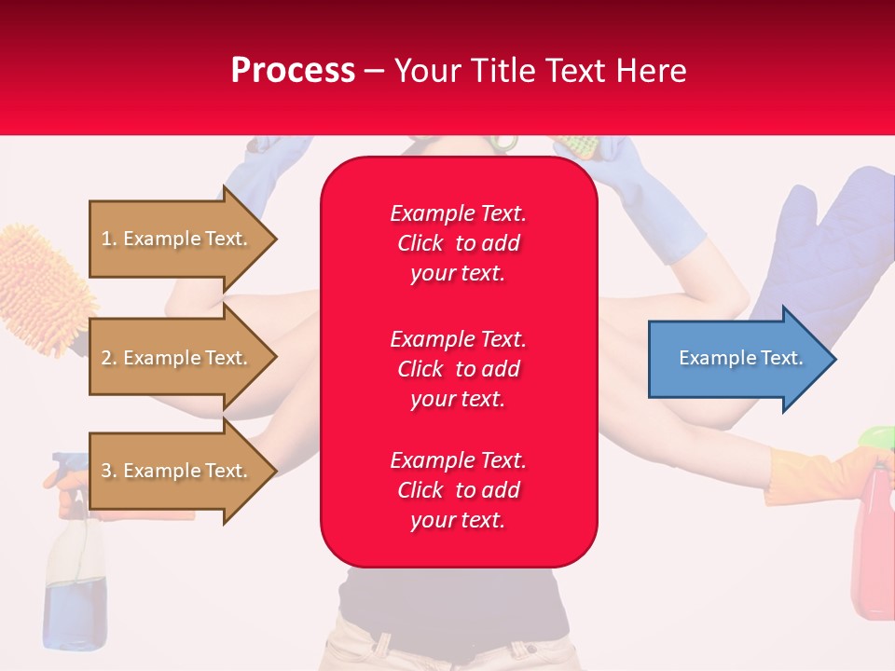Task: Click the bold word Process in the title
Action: coord(293,70)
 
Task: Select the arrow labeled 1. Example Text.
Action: coord(177,239)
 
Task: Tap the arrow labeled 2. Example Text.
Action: coord(177,358)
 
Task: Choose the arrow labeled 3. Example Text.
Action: coord(177,471)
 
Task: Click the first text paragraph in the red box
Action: coord(458,243)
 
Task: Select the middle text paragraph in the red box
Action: coord(458,368)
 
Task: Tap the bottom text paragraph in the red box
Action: coord(458,490)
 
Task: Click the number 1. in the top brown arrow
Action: coord(109,239)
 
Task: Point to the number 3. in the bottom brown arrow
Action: coord(109,471)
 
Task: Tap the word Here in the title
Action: coord(652,70)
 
